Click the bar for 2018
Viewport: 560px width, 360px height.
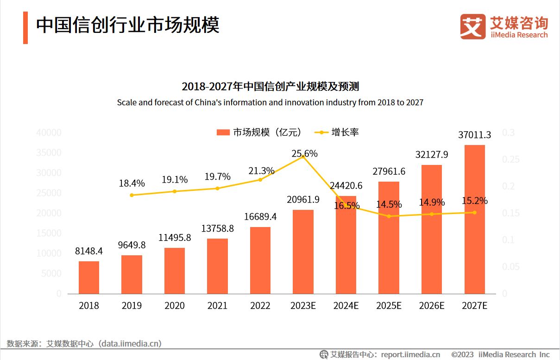(x=89, y=278)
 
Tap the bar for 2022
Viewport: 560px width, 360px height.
(x=260, y=260)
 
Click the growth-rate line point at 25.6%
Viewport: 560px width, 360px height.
(x=303, y=157)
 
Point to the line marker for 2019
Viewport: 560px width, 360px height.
(x=132, y=195)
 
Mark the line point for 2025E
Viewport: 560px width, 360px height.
(x=389, y=216)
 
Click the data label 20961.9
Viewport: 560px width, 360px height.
(x=303, y=200)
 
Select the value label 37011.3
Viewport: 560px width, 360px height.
(x=474, y=135)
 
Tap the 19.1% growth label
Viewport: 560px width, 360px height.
(x=175, y=180)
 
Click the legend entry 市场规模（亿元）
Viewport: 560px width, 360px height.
(x=259, y=133)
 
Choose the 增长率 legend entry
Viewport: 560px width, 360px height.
(x=337, y=133)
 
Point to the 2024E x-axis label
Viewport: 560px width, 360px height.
(x=346, y=306)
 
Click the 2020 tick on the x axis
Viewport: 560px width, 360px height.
(x=175, y=306)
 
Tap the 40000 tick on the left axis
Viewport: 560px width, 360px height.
(x=49, y=133)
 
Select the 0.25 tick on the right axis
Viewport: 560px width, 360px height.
(x=511, y=159)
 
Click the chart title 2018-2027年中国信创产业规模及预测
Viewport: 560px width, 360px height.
(x=270, y=87)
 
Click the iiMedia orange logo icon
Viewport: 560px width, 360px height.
(x=472, y=26)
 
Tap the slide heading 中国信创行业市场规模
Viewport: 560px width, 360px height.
(x=128, y=25)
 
